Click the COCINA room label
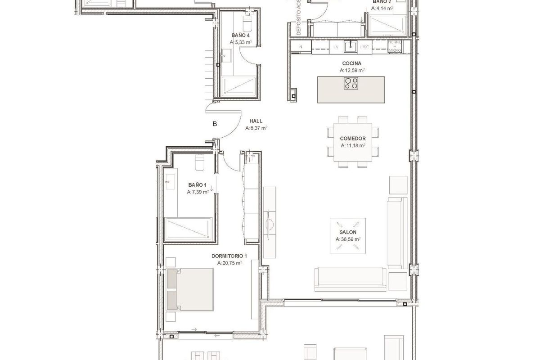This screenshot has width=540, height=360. tap(351, 63)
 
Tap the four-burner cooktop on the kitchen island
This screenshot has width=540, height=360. tap(351, 83)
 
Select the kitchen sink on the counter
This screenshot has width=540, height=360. tap(351, 46)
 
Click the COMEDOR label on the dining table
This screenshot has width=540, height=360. tap(353, 139)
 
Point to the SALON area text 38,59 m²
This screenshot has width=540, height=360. tap(348, 239)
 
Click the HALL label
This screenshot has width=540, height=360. tap(256, 121)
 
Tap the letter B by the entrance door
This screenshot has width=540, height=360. tap(215, 124)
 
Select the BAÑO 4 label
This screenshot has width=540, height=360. tap(240, 35)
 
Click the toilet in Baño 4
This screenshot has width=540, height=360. tap(247, 21)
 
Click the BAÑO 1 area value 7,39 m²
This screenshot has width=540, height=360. tap(198, 192)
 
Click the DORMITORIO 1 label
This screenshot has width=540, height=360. tap(229, 256)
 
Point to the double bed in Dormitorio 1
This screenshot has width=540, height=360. tap(189, 289)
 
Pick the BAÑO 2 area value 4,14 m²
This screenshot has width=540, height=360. tap(382, 8)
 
